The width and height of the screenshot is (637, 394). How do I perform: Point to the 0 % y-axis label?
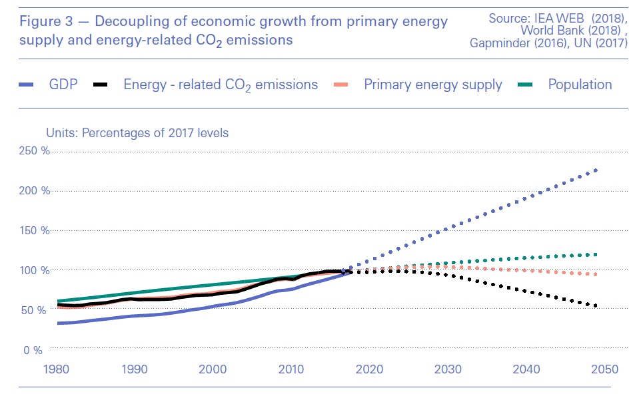(33, 350)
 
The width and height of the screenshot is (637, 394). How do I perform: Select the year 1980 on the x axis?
(57, 369)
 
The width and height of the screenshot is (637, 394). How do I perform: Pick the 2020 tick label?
(369, 369)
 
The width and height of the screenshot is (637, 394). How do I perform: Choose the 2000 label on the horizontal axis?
(213, 369)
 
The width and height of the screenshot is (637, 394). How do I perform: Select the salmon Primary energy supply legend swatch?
(340, 85)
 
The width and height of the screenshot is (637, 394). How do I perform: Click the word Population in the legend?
(580, 85)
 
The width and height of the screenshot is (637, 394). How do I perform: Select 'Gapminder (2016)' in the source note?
(512, 44)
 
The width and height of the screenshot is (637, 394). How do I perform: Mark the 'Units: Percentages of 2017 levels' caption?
(137, 133)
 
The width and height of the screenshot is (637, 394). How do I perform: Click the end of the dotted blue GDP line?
(596, 170)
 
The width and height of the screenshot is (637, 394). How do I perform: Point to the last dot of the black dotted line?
(596, 306)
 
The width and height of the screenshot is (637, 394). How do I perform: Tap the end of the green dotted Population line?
(596, 254)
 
